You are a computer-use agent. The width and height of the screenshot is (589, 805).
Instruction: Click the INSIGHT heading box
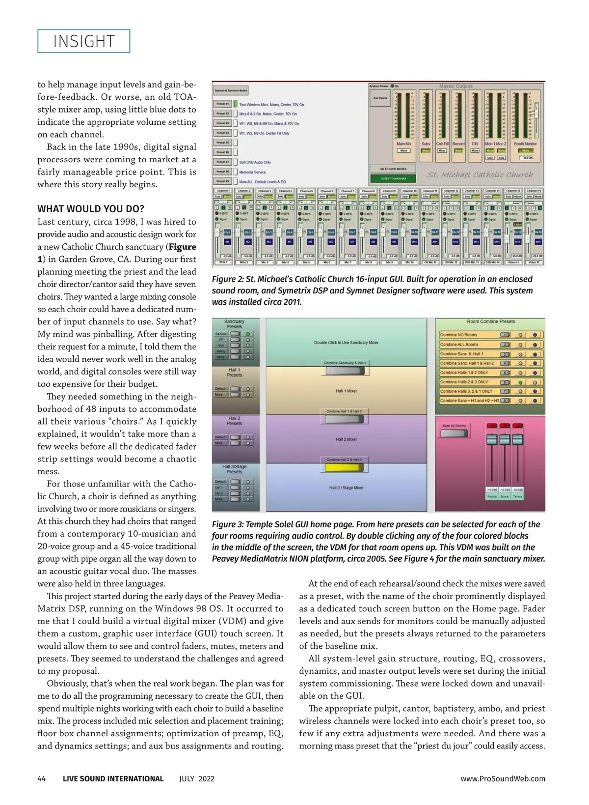(83, 41)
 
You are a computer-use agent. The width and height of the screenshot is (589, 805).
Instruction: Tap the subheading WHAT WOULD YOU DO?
(91, 209)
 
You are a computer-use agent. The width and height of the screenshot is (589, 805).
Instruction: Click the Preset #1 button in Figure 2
(222, 104)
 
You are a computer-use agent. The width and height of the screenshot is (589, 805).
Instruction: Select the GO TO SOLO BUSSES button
(393, 169)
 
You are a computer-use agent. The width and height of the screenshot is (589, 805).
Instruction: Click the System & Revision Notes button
(231, 90)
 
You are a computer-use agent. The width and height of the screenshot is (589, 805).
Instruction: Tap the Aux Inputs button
(380, 98)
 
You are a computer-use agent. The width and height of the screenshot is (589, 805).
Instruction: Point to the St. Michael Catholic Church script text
(480, 174)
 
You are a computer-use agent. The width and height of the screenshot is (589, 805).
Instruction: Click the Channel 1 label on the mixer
(223, 191)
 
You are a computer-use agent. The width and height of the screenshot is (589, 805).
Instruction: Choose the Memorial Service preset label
(252, 172)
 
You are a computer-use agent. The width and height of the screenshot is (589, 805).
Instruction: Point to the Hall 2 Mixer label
(346, 439)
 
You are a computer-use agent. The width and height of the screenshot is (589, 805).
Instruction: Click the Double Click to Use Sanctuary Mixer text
(346, 343)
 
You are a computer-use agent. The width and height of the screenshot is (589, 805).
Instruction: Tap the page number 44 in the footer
(42, 778)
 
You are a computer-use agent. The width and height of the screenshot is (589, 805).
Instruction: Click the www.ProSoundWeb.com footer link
(503, 778)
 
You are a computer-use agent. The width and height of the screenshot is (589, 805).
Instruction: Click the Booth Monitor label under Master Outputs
(525, 144)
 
